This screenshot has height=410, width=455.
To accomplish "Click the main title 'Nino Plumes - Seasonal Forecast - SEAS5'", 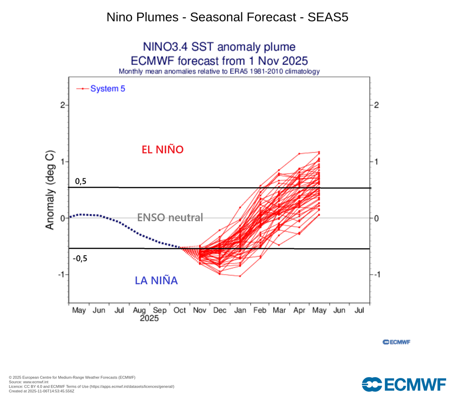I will [227, 17].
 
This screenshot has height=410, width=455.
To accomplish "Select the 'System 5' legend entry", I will [108, 88].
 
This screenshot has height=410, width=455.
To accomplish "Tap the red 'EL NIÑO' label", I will [162, 150].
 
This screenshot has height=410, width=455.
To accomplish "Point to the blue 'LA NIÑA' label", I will [156, 281].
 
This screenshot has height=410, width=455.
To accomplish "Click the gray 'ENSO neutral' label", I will [170, 217].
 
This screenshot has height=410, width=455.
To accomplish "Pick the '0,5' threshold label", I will [80, 181].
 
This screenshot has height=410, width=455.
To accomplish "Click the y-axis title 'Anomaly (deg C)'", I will [50, 191].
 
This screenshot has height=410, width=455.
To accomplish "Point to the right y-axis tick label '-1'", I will [377, 274].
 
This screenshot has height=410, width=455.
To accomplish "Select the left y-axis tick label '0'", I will [63, 218].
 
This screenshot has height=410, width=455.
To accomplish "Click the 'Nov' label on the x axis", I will [200, 310].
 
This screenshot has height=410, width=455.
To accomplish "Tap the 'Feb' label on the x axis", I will [259, 310].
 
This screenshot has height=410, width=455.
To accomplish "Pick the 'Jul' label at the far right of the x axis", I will [359, 310].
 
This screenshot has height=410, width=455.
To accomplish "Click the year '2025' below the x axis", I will [149, 319].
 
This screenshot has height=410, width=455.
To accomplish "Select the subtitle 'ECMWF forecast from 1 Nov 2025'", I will [219, 60].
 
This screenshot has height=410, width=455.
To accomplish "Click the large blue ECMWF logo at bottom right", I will [404, 384].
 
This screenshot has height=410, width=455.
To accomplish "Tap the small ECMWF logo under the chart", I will [396, 342].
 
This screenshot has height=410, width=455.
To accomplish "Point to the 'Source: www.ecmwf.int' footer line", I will [29, 382].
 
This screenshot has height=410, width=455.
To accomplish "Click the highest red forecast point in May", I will [319, 152].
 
